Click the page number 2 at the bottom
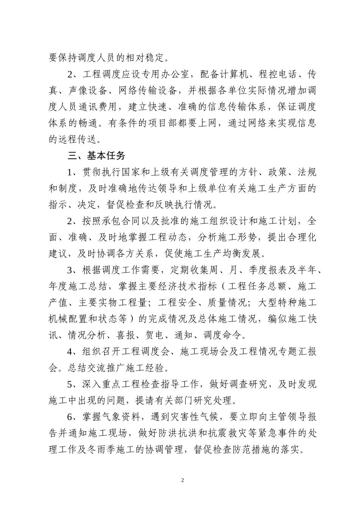(x=182, y=480)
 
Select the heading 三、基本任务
(x=96, y=156)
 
